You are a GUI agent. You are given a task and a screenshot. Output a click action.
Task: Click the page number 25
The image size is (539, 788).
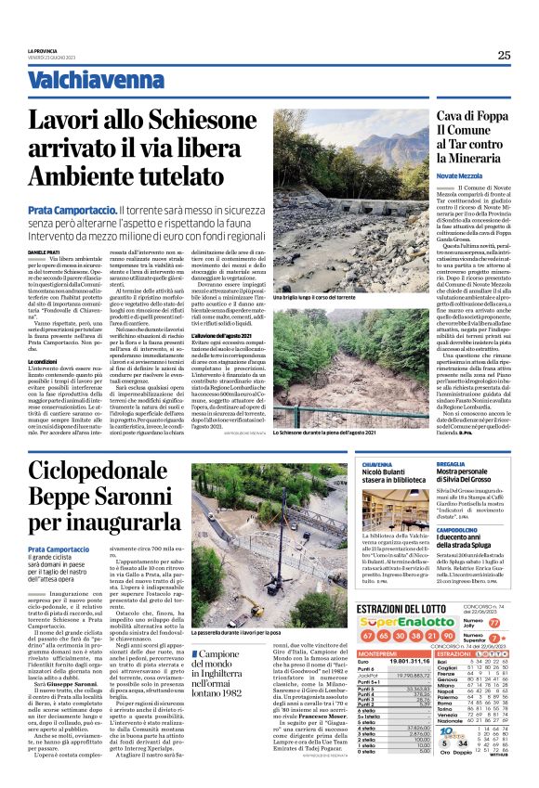click(504, 55)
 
